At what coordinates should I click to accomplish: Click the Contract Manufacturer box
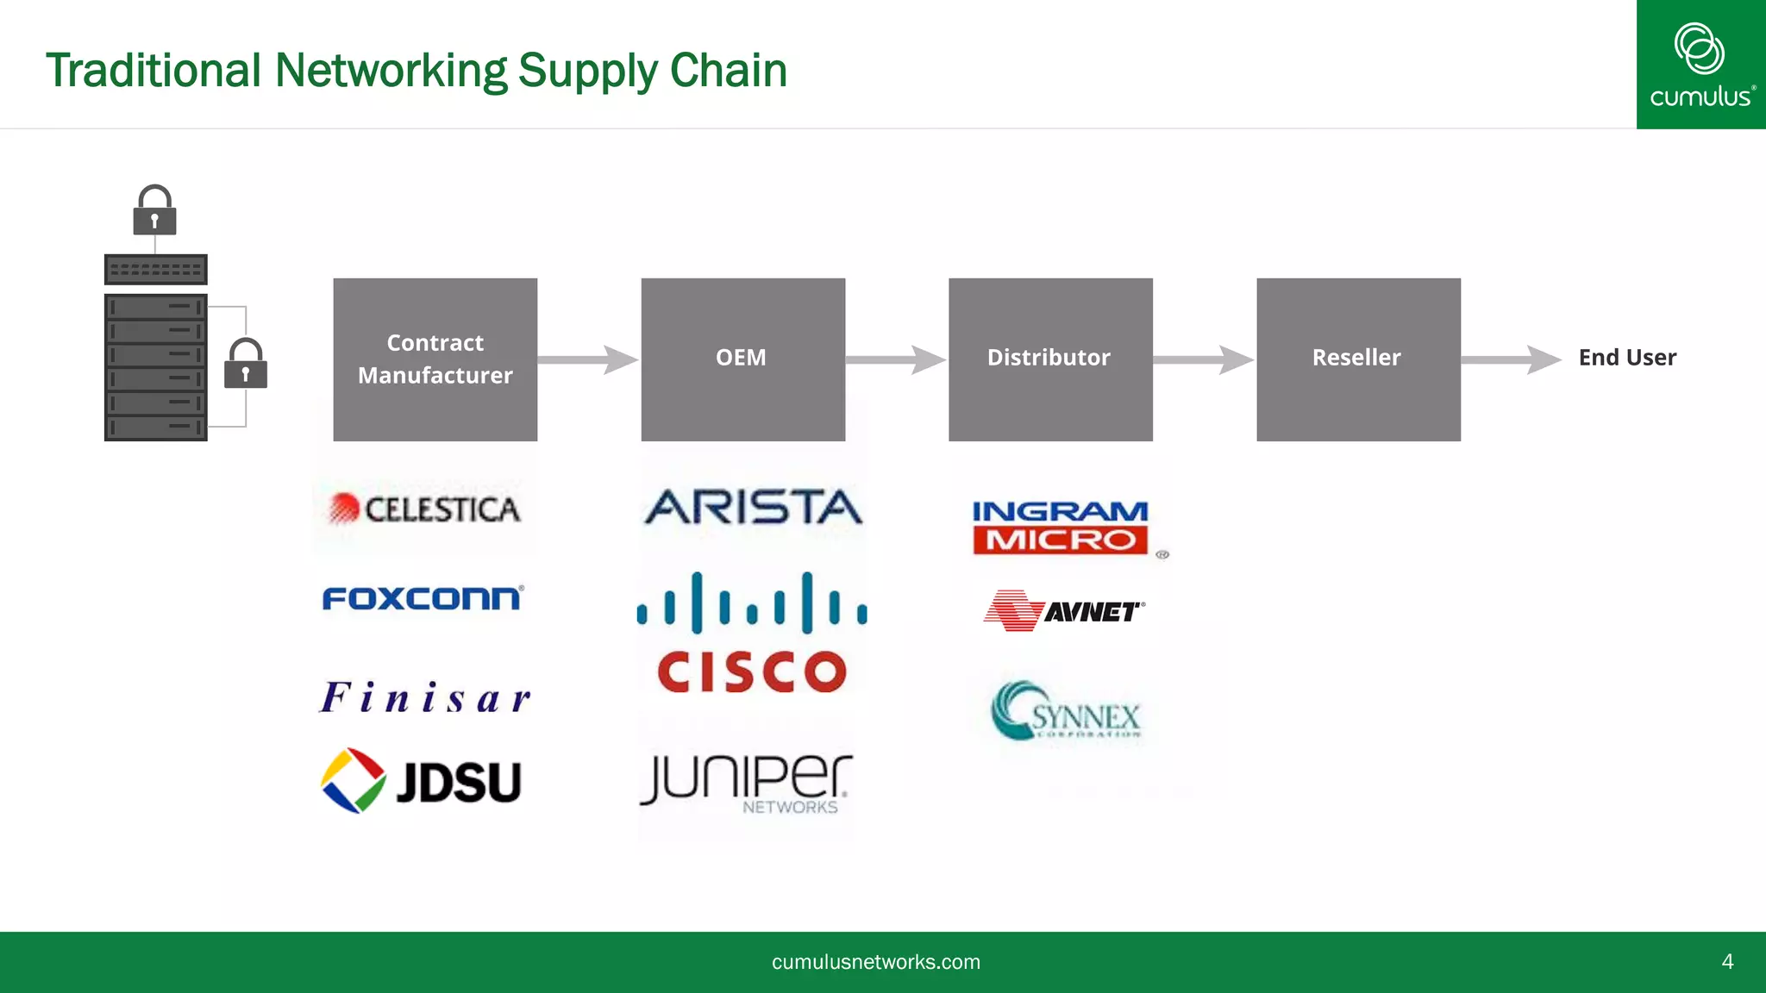[435, 359]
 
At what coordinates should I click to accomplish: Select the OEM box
[742, 359]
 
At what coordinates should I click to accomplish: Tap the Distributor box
[1050, 359]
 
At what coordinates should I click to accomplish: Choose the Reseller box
[1358, 359]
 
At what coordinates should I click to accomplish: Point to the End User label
[1627, 358]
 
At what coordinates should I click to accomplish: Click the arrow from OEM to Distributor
[896, 359]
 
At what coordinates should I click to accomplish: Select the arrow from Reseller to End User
[1511, 359]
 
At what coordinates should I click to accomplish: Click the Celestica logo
[425, 509]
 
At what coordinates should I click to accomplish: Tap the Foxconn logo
[423, 598]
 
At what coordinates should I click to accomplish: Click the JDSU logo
[422, 781]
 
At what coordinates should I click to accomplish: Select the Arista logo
[753, 507]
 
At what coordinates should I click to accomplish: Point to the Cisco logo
[752, 634]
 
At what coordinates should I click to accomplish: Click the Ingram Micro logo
[1061, 527]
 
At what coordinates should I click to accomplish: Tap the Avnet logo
[1064, 611]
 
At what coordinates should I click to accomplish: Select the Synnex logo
[1066, 712]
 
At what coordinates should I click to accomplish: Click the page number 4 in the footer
[1727, 962]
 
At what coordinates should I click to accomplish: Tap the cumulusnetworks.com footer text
[875, 962]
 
